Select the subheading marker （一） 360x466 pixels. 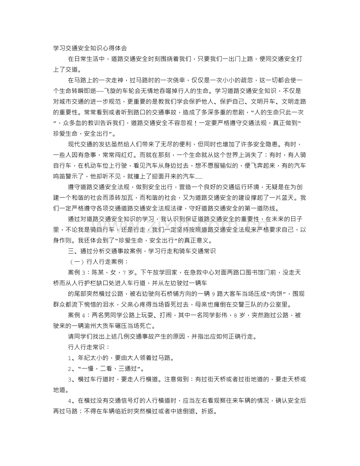coord(77,261)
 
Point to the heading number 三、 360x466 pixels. coord(73,251)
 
